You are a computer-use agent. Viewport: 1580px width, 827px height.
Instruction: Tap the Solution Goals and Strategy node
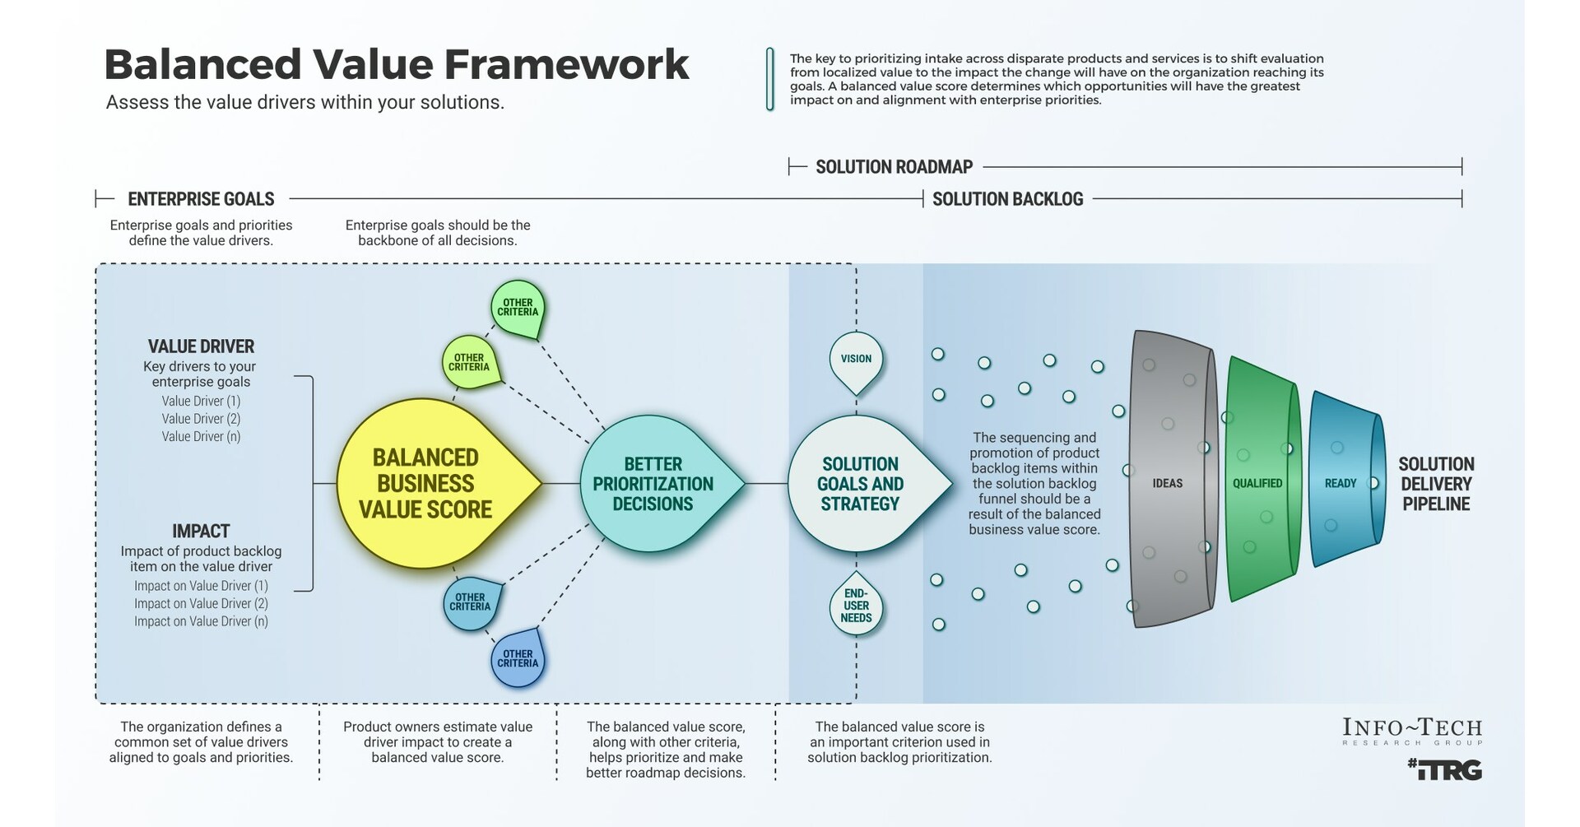[861, 484]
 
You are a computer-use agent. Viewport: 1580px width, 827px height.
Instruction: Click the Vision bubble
[856, 360]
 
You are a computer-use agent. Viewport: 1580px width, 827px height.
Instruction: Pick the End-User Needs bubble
[856, 606]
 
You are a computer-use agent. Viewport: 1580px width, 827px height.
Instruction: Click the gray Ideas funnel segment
[1169, 483]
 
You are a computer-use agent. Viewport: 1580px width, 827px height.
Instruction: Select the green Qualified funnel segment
[1257, 483]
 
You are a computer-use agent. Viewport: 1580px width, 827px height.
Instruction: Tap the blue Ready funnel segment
[1341, 483]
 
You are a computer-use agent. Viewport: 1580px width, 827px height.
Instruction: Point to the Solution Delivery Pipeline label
[1436, 484]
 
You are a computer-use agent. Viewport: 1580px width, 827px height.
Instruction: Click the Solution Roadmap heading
[894, 167]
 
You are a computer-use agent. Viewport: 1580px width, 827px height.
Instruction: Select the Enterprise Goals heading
[201, 199]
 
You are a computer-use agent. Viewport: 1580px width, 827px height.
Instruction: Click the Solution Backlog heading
[1007, 199]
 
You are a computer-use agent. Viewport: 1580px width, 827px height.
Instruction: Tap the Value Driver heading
[201, 346]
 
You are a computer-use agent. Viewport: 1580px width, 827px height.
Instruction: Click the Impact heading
[201, 532]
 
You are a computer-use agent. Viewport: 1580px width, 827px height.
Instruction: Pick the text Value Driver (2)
[201, 419]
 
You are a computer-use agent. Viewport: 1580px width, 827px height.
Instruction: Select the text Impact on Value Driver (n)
[201, 621]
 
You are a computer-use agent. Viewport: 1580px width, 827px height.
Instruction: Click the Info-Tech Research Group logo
[1412, 731]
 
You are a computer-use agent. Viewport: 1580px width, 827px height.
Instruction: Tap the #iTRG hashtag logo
[1444, 770]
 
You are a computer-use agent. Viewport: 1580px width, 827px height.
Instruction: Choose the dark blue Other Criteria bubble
[518, 658]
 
